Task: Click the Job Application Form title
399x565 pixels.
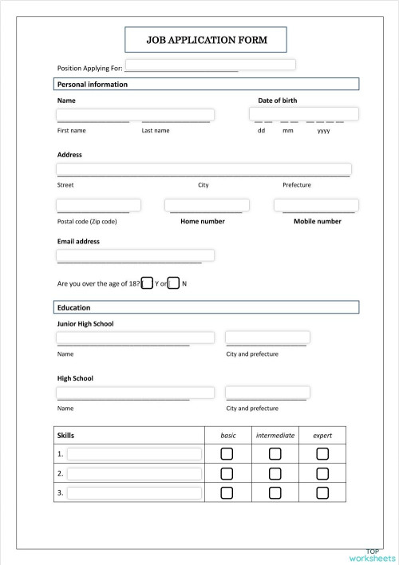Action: tap(206, 39)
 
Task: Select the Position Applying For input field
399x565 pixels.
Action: tap(210, 65)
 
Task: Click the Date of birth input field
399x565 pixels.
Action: tap(303, 113)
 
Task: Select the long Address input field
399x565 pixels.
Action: tap(203, 169)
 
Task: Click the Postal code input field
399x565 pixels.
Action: tap(98, 205)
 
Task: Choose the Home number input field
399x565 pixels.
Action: tap(203, 205)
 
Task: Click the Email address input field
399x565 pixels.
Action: tap(135, 255)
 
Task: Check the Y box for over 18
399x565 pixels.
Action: tap(147, 283)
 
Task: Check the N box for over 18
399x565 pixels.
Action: tap(173, 283)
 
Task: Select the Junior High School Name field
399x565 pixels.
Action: tap(135, 338)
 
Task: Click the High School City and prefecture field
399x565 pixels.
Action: tap(267, 393)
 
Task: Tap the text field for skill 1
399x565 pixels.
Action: tap(134, 453)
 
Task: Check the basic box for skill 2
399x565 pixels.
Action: tap(227, 473)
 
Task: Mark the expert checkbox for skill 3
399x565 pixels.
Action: tap(322, 492)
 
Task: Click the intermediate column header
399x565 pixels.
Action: tap(275, 436)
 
